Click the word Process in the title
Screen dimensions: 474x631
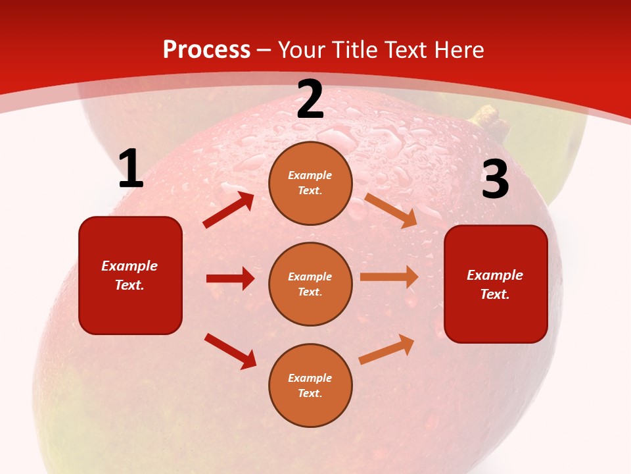point(206,50)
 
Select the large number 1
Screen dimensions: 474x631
point(131,169)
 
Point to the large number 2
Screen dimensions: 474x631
point(310,99)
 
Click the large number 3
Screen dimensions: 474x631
point(495,180)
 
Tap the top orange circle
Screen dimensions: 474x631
point(310,183)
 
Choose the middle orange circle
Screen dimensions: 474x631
point(310,284)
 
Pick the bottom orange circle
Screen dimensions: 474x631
point(310,386)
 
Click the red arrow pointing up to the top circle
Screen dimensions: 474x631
point(229,210)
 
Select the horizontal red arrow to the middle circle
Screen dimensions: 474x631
point(230,278)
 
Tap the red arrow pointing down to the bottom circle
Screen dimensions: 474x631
point(230,351)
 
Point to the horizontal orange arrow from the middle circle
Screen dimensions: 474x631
point(389,277)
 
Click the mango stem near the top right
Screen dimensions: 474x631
point(490,118)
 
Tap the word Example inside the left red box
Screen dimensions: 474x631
point(129,266)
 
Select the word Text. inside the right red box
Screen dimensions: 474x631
point(495,294)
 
